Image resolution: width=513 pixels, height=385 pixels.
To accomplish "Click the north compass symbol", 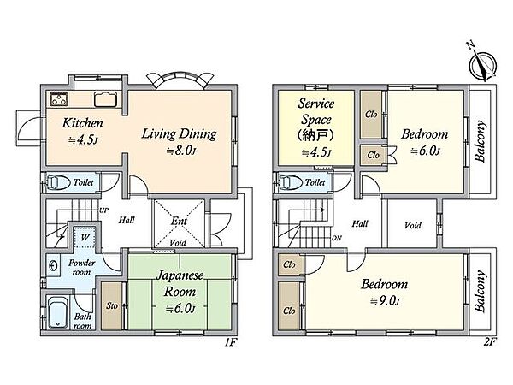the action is pos(482,66).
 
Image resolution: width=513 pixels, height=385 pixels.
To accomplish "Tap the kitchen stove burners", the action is pos(59,99).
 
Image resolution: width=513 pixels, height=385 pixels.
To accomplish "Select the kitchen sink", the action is pos(105,99).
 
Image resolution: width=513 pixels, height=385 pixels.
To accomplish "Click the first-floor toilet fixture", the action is pos(58,183).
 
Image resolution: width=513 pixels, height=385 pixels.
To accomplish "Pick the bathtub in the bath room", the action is pos(58,312).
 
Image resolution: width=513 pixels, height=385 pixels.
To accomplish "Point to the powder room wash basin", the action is pos(53,265).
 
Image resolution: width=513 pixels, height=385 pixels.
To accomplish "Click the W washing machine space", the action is pos(85,237).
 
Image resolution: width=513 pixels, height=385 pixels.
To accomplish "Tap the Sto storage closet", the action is pos(111,305).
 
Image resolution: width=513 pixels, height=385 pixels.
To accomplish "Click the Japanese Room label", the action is pos(180,283).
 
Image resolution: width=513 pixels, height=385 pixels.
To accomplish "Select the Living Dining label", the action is pos(179,134).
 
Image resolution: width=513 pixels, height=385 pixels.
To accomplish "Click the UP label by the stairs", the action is pos(103,210).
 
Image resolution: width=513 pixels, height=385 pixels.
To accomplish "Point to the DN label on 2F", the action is pos(336,239).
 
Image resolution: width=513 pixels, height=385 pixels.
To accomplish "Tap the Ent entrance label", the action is pos(179,221).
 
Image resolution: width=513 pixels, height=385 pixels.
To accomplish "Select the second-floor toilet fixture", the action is pos(290,182).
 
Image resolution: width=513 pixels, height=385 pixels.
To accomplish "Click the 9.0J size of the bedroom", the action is pos(385,301).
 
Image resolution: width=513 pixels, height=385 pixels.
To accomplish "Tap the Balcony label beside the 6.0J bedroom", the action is pos(480,142).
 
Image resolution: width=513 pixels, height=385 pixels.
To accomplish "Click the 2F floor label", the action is pos(490,342).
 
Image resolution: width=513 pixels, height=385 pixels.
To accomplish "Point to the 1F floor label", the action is pos(230,342).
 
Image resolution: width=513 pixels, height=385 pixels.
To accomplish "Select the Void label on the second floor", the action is pos(413,225).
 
